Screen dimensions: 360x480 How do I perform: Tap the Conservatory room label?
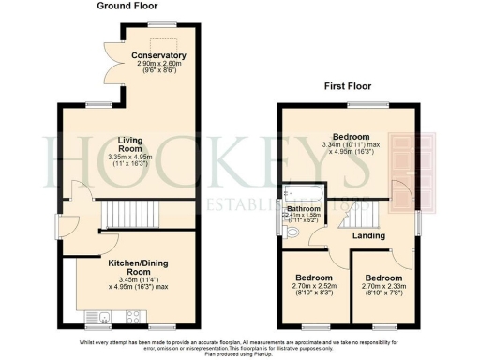point(158,56)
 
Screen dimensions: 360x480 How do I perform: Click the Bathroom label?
point(304,208)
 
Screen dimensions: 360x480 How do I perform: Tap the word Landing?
point(368,235)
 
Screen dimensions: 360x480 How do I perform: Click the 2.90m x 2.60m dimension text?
point(158,64)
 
